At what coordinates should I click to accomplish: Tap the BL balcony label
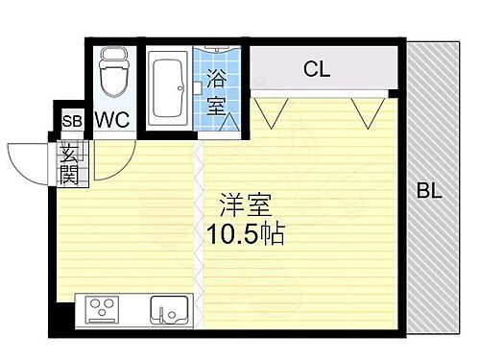(x=429, y=191)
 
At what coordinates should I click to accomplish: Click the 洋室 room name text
(x=246, y=204)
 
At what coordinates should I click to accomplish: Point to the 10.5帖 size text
(x=245, y=234)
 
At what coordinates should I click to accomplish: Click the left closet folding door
(x=272, y=113)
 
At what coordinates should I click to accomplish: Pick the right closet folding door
(x=367, y=113)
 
